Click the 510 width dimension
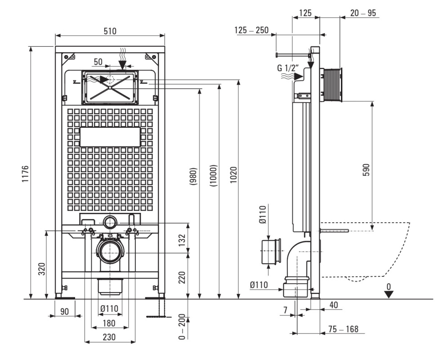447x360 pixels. click(110, 31)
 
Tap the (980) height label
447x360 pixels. click(194, 176)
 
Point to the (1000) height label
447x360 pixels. click(214, 175)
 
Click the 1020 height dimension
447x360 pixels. click(233, 175)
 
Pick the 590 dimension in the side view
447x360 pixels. click(367, 170)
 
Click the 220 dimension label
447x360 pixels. click(182, 277)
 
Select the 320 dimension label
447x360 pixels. click(42, 269)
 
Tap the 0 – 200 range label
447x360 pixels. click(182, 328)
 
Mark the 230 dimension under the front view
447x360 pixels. click(109, 337)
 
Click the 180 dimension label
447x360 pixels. click(109, 323)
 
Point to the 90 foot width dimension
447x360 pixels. click(65, 311)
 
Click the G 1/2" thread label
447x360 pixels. click(288, 68)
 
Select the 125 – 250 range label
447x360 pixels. click(251, 30)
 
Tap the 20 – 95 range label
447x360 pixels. click(363, 13)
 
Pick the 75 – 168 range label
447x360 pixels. click(343, 329)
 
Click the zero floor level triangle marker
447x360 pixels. click(389, 294)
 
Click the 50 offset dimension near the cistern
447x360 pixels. click(98, 62)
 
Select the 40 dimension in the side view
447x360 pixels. click(334, 305)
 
